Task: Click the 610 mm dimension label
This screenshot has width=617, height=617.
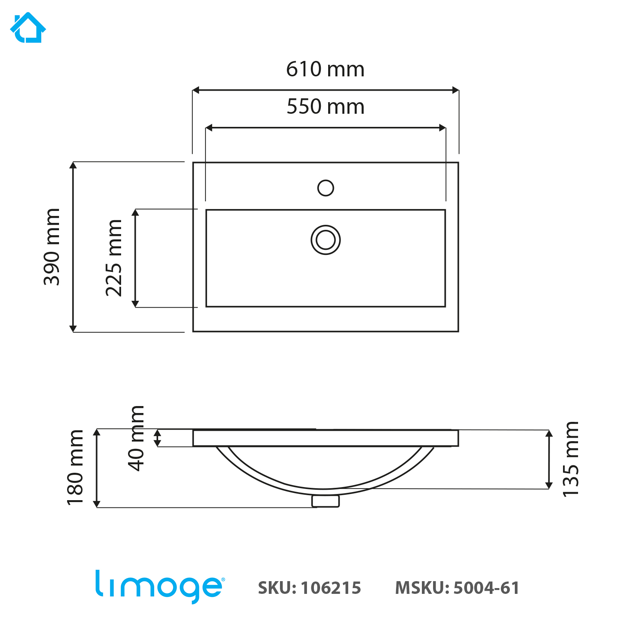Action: coord(325,69)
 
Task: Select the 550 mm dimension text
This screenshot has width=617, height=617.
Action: coord(325,107)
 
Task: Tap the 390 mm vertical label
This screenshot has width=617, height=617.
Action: coord(52,247)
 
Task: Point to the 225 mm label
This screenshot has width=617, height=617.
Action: coord(114,258)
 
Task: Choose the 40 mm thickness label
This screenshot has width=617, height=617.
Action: coord(136,438)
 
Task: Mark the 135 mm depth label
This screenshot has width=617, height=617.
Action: coord(571,459)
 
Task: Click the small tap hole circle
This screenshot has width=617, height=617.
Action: coord(325,188)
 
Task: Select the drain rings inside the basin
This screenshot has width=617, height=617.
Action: coord(325,240)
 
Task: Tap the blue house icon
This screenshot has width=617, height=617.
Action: coord(28,28)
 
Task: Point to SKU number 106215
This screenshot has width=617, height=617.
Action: coord(330,588)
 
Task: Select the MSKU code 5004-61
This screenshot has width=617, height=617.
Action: coord(486,588)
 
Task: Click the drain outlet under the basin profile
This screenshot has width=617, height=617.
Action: coord(325,501)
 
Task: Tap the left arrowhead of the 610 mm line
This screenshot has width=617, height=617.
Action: coord(196,90)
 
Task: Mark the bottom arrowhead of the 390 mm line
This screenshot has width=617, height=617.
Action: coord(73,329)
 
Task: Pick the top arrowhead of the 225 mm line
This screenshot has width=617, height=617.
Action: coord(135,212)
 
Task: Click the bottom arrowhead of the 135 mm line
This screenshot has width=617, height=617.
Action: coord(549,486)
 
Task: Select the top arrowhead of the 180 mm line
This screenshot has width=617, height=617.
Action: coord(97,432)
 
